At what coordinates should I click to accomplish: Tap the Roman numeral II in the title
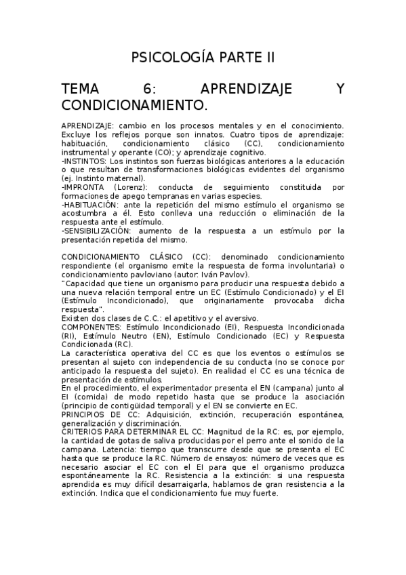270,58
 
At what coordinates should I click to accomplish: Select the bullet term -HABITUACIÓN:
89,204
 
